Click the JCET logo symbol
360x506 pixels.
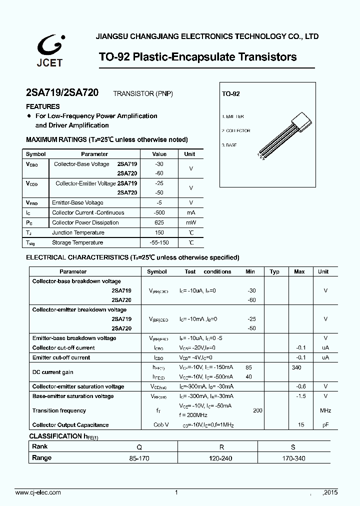49,46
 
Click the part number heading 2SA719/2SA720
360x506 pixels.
62,93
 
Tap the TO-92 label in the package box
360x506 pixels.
231,94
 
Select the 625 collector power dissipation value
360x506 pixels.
159,222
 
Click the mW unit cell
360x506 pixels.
190,222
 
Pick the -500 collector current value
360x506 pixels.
159,212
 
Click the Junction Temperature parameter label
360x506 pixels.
78,232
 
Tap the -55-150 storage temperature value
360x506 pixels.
159,242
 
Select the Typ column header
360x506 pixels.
274,271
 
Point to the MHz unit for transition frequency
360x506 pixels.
325,410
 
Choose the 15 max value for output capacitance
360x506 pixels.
301,425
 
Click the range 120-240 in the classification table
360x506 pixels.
221,458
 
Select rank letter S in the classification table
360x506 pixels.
293,447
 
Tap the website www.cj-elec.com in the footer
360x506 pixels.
38,492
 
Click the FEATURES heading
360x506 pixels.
42,106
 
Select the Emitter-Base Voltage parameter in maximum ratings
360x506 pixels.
77,202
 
